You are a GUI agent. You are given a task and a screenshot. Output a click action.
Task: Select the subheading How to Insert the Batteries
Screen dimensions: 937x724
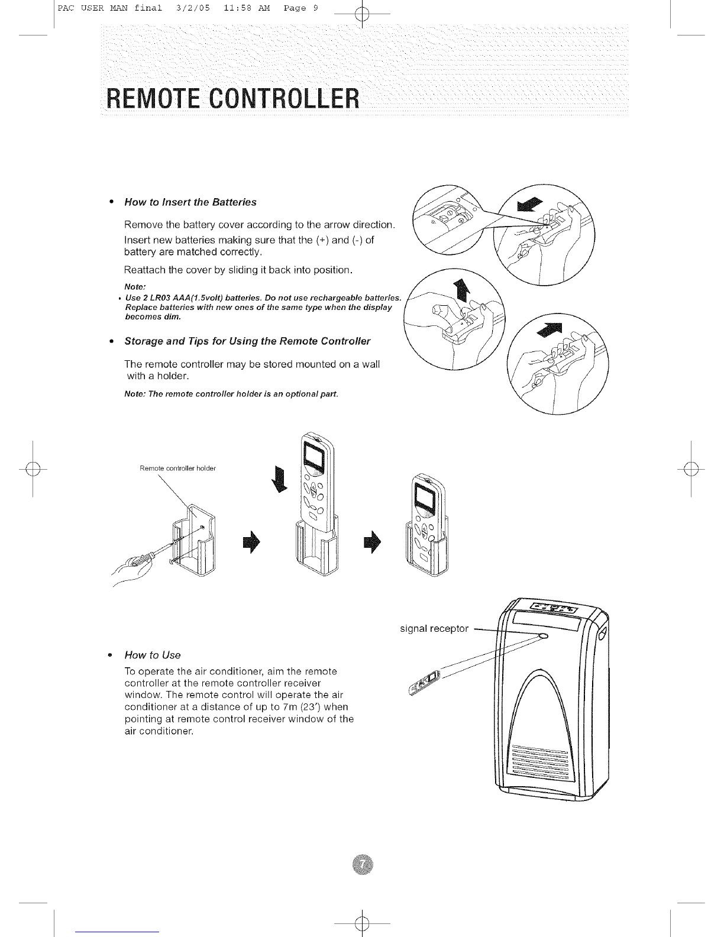tap(190, 202)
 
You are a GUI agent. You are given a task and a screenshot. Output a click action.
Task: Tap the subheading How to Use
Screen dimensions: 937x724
tap(152, 655)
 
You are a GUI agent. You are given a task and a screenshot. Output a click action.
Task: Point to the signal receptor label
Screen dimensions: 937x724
tap(434, 628)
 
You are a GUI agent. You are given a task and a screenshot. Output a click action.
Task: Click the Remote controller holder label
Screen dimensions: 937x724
tap(177, 469)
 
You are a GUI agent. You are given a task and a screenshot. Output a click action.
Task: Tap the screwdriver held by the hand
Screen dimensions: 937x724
tap(158, 552)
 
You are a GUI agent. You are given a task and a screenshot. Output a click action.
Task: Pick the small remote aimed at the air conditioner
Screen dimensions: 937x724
tap(424, 682)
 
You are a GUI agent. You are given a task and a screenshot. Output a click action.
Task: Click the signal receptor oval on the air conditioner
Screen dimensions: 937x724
tap(543, 636)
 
